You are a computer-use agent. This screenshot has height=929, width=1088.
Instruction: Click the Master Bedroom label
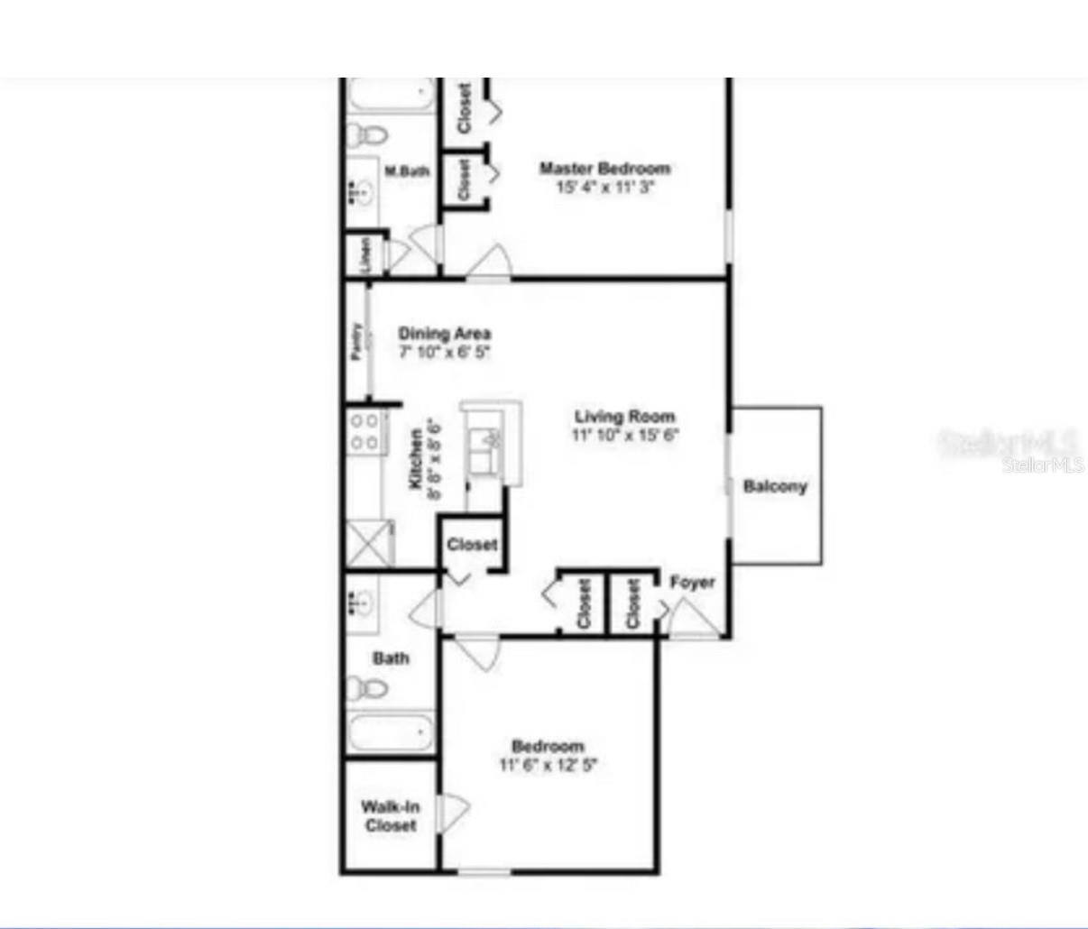[604, 169]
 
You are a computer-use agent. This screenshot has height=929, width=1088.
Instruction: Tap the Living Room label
[625, 417]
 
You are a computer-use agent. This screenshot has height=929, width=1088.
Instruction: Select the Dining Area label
[445, 334]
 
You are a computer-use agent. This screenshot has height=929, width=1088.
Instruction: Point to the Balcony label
[775, 487]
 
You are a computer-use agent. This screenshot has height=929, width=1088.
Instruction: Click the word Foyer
[692, 583]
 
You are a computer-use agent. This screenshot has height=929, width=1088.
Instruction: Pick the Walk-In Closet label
[391, 816]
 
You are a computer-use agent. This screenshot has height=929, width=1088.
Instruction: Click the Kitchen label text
[416, 459]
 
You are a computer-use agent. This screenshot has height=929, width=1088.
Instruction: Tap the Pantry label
[357, 342]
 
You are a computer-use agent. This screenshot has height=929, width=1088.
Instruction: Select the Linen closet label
[366, 254]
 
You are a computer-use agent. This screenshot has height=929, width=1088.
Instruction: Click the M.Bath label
[407, 171]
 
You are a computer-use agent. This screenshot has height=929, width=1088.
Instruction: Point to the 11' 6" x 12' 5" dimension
[549, 766]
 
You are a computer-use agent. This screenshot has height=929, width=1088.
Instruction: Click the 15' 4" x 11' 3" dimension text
[604, 188]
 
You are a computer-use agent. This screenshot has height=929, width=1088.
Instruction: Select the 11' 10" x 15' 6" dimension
[625, 436]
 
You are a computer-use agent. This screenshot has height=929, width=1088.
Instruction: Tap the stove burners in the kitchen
[364, 431]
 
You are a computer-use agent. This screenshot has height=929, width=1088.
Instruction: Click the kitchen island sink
[492, 442]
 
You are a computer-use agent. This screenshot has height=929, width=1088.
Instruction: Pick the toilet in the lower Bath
[367, 689]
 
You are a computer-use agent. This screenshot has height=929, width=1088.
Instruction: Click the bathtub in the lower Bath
[391, 731]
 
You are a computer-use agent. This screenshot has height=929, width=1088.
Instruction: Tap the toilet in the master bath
[367, 136]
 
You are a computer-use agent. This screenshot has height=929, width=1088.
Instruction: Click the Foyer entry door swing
[693, 620]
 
